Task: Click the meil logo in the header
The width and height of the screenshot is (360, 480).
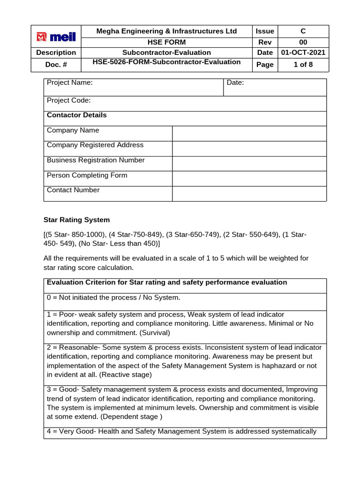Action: (x=56, y=37)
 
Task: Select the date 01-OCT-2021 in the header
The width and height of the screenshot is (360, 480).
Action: (x=303, y=52)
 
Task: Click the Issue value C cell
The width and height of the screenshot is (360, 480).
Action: (x=303, y=31)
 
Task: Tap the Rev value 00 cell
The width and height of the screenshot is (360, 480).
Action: (x=303, y=42)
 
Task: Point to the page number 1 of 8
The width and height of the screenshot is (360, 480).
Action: (x=303, y=65)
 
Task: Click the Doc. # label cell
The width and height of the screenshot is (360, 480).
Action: (x=56, y=65)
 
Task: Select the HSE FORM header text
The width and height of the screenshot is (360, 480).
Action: (x=166, y=42)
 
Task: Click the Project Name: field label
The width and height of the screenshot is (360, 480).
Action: (x=70, y=82)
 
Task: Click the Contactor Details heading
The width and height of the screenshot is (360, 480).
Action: (x=77, y=115)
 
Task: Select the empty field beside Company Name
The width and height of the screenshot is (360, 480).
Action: (x=249, y=133)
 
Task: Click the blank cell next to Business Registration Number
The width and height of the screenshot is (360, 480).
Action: (x=249, y=163)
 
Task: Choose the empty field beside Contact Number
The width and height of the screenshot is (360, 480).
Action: (x=249, y=193)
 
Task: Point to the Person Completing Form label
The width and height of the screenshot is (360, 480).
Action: (x=87, y=175)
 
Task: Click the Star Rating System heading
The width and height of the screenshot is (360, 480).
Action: (x=77, y=219)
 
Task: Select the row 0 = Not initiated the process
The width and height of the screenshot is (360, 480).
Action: (x=113, y=298)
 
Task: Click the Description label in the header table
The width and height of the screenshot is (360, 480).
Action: (x=56, y=52)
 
